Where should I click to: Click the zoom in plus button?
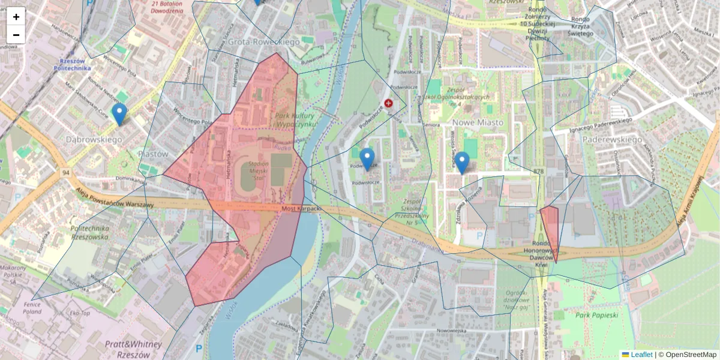click(x=16, y=16)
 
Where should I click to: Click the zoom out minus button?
click(x=16, y=35)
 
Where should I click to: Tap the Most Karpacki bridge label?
click(x=302, y=209)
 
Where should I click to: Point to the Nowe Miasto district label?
click(x=479, y=122)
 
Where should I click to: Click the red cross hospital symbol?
click(x=389, y=104)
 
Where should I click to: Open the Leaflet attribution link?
click(x=641, y=355)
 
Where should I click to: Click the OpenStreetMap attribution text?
click(x=691, y=355)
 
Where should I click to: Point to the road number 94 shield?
click(x=65, y=173)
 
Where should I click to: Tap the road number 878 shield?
click(x=538, y=172)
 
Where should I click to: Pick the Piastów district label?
click(x=153, y=154)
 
